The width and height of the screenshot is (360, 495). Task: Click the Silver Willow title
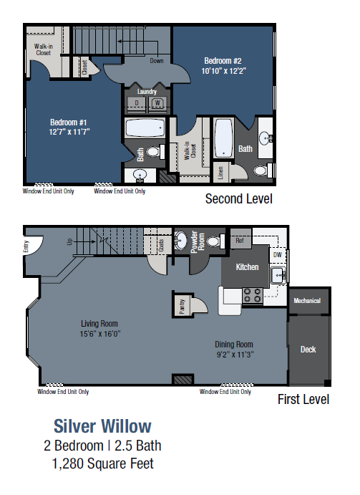pyautogui.click(x=103, y=426)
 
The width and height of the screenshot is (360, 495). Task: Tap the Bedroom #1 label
pyautogui.click(x=68, y=121)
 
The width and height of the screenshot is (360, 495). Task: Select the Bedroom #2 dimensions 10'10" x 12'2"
pyautogui.click(x=223, y=71)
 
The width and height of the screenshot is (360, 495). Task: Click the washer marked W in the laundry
pyautogui.click(x=156, y=103)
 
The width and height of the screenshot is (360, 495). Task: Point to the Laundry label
pyautogui.click(x=147, y=91)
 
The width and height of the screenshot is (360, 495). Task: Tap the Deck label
pyautogui.click(x=308, y=350)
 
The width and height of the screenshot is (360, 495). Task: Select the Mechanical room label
pyautogui.click(x=308, y=301)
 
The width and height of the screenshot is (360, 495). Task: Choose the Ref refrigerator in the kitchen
pyautogui.click(x=241, y=241)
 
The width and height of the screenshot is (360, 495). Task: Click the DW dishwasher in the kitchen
pyautogui.click(x=276, y=254)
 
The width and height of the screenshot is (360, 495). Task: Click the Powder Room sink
pyautogui.click(x=182, y=240)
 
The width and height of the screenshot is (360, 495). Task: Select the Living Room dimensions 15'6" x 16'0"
pyautogui.click(x=99, y=333)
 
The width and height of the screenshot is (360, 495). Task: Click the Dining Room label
pyautogui.click(x=234, y=344)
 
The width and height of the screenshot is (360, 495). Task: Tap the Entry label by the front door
pyautogui.click(x=28, y=245)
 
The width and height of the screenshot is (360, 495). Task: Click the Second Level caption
pyautogui.click(x=238, y=198)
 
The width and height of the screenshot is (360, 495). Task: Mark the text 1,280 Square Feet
pyautogui.click(x=103, y=463)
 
